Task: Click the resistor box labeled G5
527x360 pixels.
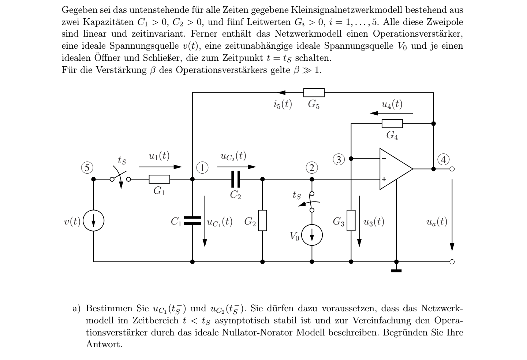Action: point(314,93)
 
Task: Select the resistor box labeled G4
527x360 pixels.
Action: point(392,124)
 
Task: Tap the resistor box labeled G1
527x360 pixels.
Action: point(159,179)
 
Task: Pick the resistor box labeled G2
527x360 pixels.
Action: point(262,220)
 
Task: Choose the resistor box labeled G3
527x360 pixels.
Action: point(351,220)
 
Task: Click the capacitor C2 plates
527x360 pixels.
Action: point(236,179)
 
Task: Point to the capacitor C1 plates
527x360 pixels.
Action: point(193,220)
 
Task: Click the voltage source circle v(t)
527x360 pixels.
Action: point(93,220)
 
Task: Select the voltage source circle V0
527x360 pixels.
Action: point(312,235)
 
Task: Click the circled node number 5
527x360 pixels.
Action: point(87,168)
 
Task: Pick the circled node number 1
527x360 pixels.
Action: point(202,168)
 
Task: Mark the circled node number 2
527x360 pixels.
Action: point(312,168)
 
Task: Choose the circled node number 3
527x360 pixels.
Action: point(339,160)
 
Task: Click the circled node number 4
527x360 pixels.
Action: point(444,160)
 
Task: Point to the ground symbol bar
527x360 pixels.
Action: point(396,271)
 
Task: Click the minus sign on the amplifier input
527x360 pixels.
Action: point(384,159)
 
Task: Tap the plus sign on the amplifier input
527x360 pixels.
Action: point(384,179)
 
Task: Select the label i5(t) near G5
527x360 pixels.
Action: point(283,104)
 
